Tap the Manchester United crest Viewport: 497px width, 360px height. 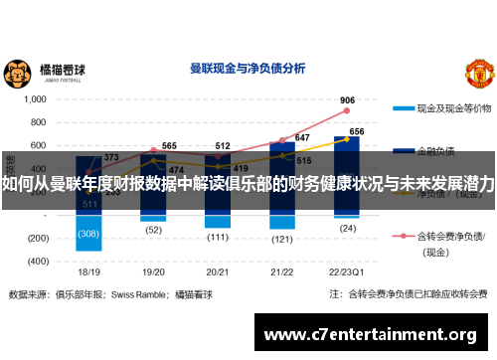[x=479, y=73]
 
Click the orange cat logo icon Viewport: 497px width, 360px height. [x=18, y=72]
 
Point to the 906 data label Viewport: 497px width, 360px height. [x=348, y=100]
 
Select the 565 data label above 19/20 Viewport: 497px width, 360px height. [x=169, y=146]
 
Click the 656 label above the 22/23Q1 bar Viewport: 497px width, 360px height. [x=356, y=131]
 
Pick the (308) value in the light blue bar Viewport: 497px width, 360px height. [x=88, y=235]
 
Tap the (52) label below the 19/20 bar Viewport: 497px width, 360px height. [x=153, y=230]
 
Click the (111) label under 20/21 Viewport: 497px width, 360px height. [x=219, y=238]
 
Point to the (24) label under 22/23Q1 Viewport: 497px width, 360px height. [x=347, y=228]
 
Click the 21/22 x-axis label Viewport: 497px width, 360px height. [x=282, y=270]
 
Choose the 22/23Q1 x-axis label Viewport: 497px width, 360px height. [x=347, y=270]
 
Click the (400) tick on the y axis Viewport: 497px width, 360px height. [x=38, y=261]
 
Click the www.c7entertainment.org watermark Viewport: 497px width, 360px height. [x=370, y=333]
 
